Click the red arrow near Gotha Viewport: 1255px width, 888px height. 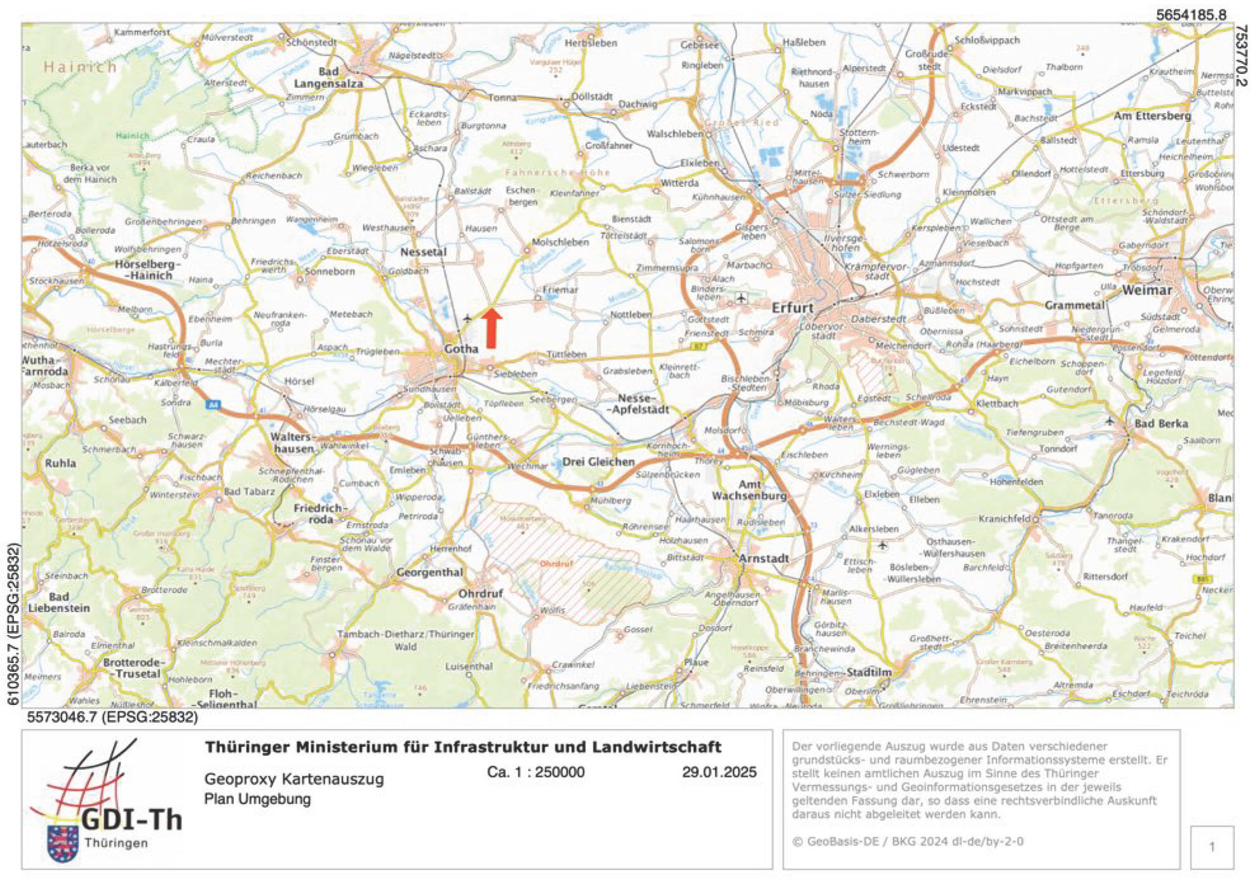(491, 328)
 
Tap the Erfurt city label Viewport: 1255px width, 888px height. (792, 308)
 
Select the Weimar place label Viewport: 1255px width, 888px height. (1147, 290)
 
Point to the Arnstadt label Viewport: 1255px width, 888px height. (764, 558)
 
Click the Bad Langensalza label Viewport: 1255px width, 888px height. (329, 78)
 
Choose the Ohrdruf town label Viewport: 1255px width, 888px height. (480, 593)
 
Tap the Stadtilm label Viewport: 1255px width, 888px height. (869, 673)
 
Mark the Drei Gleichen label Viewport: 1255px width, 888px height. (598, 461)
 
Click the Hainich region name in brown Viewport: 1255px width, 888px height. (80, 67)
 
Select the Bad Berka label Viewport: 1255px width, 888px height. (1161, 423)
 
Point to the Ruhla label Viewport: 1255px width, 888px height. (60, 463)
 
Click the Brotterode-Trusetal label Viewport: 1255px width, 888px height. (132, 668)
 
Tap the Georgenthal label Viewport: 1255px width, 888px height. (430, 572)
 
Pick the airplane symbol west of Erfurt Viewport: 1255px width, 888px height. (741, 297)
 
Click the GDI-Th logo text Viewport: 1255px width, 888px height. (132, 820)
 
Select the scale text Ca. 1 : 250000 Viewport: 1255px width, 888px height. (536, 772)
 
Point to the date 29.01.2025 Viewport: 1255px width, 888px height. (719, 772)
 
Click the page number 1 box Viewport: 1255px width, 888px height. (1211, 847)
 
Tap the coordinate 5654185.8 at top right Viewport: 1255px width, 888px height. (1191, 15)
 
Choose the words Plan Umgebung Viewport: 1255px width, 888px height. (257, 799)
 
